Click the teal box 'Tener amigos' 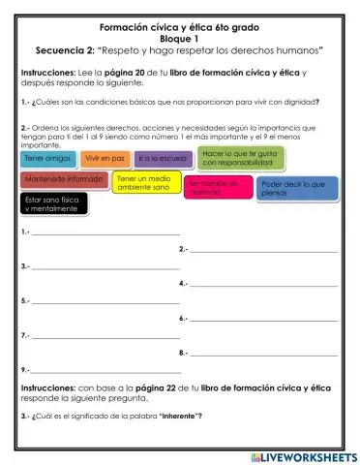(x=46, y=159)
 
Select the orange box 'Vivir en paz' (x=105, y=158)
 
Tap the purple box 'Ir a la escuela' (x=162, y=158)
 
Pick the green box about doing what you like (x=239, y=159)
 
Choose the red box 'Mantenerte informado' (x=64, y=179)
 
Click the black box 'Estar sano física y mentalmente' (x=54, y=203)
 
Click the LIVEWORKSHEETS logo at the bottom (x=303, y=455)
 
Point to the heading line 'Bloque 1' (x=179, y=36)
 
